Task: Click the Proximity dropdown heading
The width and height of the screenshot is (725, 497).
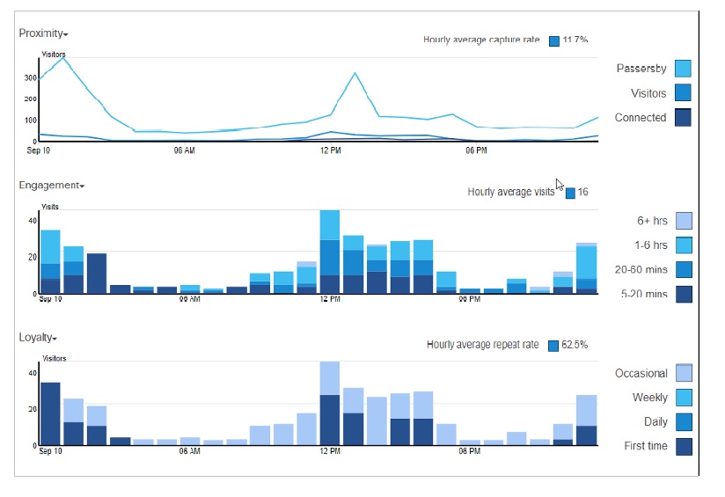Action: point(43,33)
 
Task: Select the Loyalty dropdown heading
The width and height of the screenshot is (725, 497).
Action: point(38,338)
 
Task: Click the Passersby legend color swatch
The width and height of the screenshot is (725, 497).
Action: point(683,69)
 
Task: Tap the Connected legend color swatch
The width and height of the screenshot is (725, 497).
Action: point(683,118)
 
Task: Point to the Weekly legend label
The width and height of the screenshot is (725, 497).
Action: point(649,398)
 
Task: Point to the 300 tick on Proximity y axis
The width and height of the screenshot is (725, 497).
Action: point(30,78)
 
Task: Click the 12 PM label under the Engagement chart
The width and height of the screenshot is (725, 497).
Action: point(330,299)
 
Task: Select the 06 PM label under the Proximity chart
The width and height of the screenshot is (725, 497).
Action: point(476,150)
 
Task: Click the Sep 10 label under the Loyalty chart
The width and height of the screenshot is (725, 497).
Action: point(51,451)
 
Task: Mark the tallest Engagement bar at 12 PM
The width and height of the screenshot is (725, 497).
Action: point(330,252)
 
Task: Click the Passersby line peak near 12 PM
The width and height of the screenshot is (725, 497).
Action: point(355,74)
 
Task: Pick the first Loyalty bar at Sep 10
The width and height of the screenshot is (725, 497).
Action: point(50,413)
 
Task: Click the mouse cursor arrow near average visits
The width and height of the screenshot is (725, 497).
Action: point(560,184)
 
